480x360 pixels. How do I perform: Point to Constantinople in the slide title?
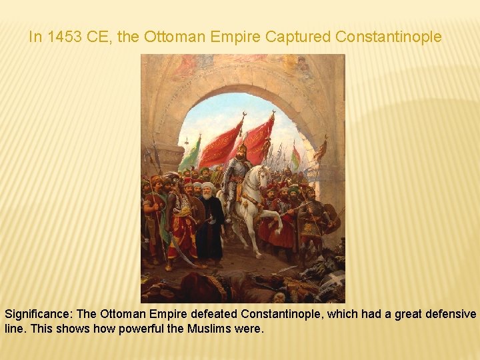[389, 37]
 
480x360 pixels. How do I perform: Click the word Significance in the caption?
[38, 314]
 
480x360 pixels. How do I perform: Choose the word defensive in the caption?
[447, 314]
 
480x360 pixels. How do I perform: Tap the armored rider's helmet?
[242, 149]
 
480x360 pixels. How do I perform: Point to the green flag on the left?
[191, 155]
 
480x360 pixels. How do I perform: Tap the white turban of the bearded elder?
[208, 187]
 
